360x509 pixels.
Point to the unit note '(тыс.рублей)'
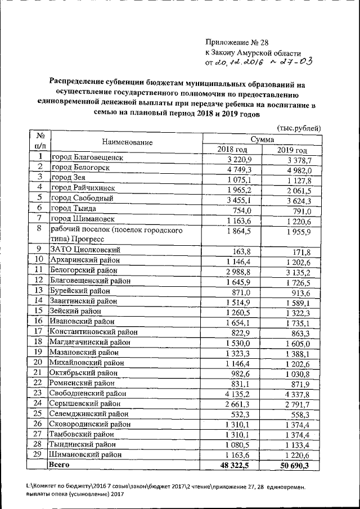click(299, 128)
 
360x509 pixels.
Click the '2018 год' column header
click(232, 150)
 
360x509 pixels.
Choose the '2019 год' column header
click(292, 151)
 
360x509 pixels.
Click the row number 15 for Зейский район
click(39, 310)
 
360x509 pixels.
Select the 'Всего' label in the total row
click(60, 465)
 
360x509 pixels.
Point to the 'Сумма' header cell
click(262, 138)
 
